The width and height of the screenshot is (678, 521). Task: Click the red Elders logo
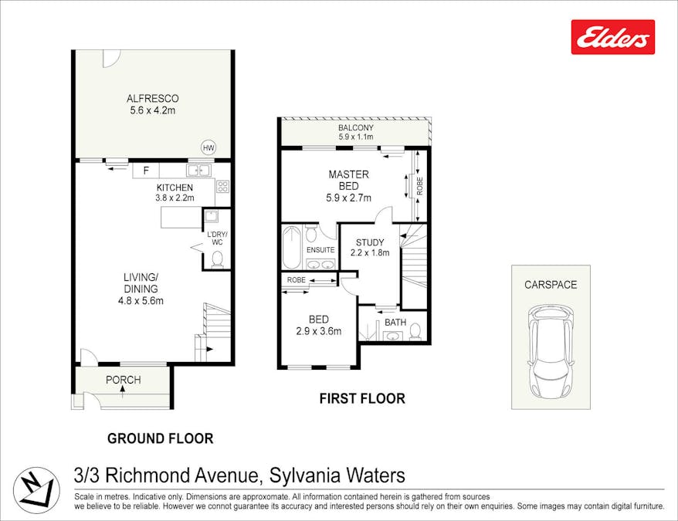[612, 37]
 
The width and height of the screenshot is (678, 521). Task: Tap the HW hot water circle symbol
[208, 148]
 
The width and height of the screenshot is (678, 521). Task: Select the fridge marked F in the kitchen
[146, 171]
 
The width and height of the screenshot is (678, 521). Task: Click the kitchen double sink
[199, 171]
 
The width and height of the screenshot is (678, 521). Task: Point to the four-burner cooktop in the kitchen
[222, 186]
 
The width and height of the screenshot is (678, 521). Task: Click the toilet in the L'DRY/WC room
[217, 259]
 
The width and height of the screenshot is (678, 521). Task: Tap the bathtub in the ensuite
[290, 247]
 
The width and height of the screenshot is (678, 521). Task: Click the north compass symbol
[36, 491]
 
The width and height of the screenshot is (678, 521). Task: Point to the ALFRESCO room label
[153, 99]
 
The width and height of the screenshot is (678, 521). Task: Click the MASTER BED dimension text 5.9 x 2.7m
[348, 198]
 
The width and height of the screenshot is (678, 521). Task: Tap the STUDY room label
[370, 242]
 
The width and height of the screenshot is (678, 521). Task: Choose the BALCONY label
[356, 128]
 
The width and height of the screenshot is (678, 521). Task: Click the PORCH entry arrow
[123, 391]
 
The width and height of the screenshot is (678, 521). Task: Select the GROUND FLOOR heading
[161, 438]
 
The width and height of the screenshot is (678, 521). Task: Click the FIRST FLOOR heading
[362, 398]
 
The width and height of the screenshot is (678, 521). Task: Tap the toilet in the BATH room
[415, 331]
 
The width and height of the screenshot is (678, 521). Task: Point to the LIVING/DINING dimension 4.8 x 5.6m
[141, 301]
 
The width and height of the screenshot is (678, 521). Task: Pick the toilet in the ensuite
[310, 234]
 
